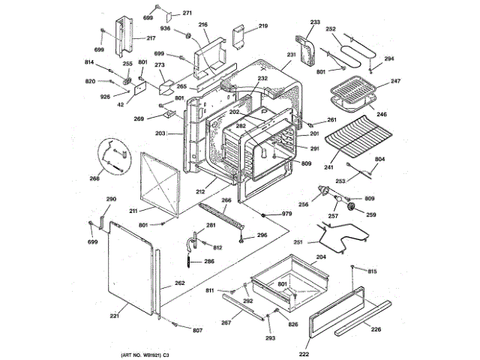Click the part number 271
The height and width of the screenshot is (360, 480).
(187, 13)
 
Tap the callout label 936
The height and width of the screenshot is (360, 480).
(165, 28)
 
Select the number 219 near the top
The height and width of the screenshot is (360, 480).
(262, 26)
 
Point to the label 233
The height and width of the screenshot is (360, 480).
(314, 22)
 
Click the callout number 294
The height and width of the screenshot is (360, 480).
(388, 58)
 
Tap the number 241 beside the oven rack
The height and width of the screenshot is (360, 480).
(328, 168)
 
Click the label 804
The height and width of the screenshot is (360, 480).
(380, 160)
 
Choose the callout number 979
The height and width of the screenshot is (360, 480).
(286, 215)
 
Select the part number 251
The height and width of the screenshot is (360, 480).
(298, 243)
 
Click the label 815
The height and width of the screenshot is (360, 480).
(372, 271)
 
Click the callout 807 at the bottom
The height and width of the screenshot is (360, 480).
(197, 331)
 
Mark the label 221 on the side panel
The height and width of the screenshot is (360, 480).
(114, 316)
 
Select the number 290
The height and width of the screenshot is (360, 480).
(111, 199)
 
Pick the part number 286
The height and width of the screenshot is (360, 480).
(208, 262)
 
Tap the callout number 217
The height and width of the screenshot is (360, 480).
(151, 38)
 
